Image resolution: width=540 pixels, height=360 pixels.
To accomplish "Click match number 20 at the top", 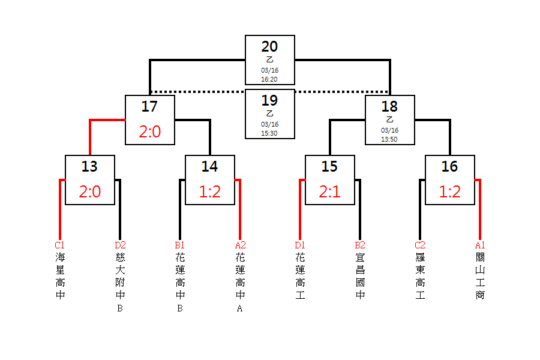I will point(269,47).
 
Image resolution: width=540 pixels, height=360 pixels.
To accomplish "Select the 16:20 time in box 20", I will point(269,79).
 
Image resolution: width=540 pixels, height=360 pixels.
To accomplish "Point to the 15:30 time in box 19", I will point(269,133).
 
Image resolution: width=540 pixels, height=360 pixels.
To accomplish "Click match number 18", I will point(389,107).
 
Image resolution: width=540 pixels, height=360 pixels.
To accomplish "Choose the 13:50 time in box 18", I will point(389,139).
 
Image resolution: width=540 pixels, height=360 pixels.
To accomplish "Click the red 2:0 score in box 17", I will point(149,132).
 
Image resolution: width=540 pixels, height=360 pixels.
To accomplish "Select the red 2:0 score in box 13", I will point(89,192).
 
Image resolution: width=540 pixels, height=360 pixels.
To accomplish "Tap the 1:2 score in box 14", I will point(209,192).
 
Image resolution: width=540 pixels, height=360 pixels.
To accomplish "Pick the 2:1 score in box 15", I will point(329,192).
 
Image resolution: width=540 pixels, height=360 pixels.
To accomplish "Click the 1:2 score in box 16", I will point(449,192).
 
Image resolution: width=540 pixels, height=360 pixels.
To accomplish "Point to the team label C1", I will point(60,245).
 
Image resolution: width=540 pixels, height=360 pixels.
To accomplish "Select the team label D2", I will point(120,245).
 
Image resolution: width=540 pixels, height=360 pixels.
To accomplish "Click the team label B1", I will point(180,245).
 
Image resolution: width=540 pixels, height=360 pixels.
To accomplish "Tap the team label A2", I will point(240,245).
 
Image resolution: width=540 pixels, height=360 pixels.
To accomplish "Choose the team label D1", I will point(300,245).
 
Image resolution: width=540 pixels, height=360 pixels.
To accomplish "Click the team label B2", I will point(360,245).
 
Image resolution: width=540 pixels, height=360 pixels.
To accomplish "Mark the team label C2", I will point(420,245).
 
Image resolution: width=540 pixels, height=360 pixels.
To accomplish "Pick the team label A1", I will point(480,245).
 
